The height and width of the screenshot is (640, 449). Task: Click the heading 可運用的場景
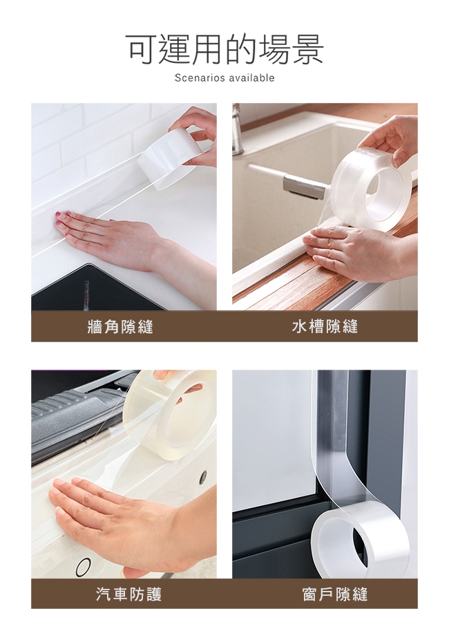pyautogui.click(x=224, y=49)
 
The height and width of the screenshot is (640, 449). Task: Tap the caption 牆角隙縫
pyautogui.click(x=120, y=326)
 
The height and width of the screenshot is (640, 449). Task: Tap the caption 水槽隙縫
pyautogui.click(x=325, y=326)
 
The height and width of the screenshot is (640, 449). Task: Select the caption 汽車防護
pyautogui.click(x=129, y=594)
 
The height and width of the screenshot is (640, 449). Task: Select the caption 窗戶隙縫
pyautogui.click(x=335, y=594)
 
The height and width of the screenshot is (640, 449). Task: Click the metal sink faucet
pyautogui.click(x=236, y=126)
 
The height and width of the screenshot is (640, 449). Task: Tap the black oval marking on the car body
pyautogui.click(x=83, y=566)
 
